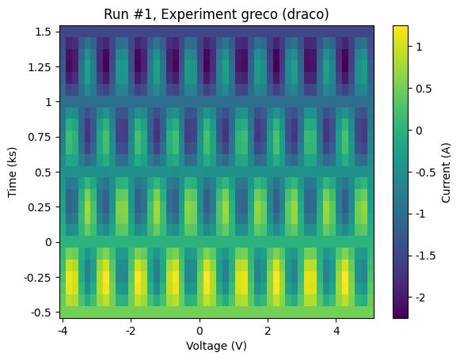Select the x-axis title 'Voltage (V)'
tap(215, 347)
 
